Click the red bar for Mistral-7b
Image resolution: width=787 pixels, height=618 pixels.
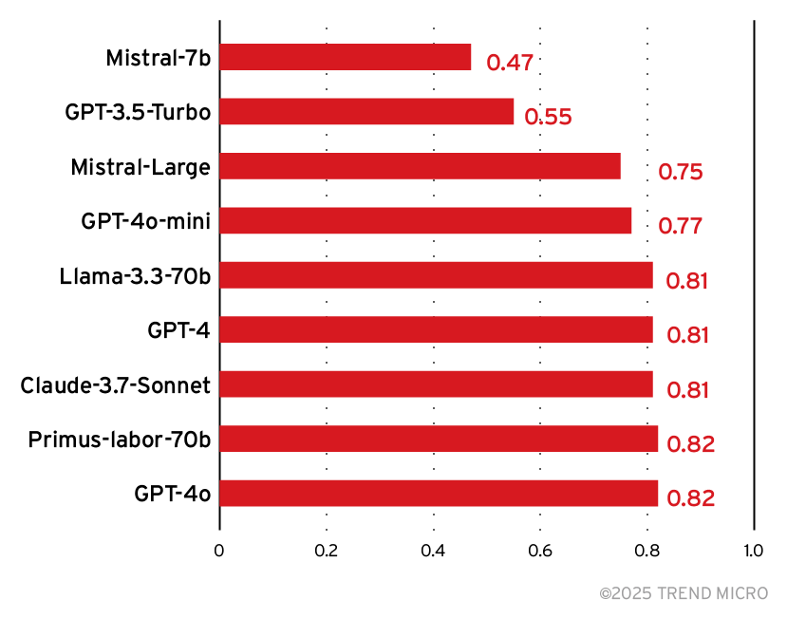point(345,57)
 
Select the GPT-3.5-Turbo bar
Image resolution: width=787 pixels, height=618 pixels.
point(366,111)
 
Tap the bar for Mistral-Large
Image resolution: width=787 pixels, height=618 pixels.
point(420,166)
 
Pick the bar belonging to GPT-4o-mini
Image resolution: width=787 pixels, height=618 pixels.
point(425,220)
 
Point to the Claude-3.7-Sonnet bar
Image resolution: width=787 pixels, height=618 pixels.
point(436,384)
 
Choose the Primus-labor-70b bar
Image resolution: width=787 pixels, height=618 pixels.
point(439,439)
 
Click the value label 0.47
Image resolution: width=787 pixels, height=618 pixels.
point(510,64)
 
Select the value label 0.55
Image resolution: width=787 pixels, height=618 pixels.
point(548,118)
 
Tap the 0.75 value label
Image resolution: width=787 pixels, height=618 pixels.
point(680,173)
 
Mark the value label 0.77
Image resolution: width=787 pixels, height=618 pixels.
point(680,227)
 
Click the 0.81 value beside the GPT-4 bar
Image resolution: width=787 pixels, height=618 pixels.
point(687,335)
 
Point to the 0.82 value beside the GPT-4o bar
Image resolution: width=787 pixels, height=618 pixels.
point(690,499)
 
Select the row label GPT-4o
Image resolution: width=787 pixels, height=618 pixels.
point(172,494)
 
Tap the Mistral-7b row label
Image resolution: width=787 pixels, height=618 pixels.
point(158,58)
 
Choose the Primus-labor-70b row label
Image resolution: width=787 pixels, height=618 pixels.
point(119,440)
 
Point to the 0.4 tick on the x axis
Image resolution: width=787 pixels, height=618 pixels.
point(433,551)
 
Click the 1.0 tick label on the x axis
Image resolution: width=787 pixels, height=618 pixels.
point(753,551)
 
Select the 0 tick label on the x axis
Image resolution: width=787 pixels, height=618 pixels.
point(219,551)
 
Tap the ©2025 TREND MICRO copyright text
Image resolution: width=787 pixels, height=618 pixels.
point(684,593)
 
